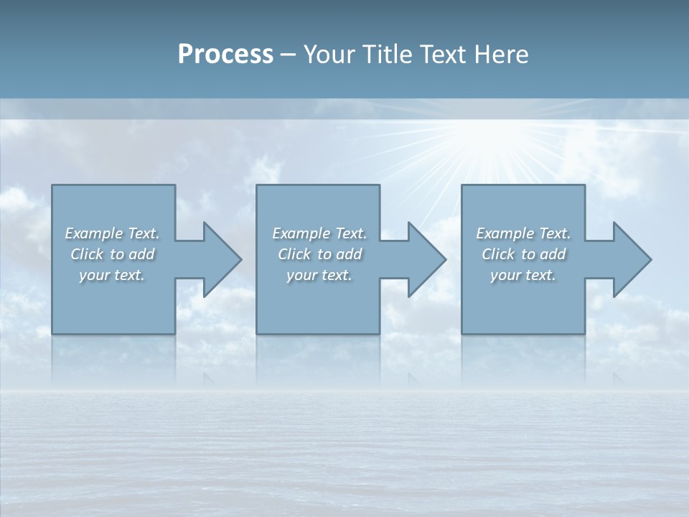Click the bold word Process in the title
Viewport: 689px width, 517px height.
pyautogui.click(x=225, y=55)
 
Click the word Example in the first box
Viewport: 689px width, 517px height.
pyautogui.click(x=93, y=233)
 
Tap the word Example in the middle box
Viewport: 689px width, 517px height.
pyautogui.click(x=301, y=233)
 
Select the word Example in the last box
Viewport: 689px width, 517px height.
pyautogui.click(x=505, y=233)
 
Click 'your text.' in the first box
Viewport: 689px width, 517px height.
pyautogui.click(x=112, y=275)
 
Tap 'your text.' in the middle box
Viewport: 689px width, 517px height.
pyautogui.click(x=319, y=275)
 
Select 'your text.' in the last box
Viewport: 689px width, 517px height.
pyautogui.click(x=523, y=275)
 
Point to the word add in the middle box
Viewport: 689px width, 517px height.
pyautogui.click(x=349, y=254)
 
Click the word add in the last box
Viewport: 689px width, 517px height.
pyautogui.click(x=553, y=254)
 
